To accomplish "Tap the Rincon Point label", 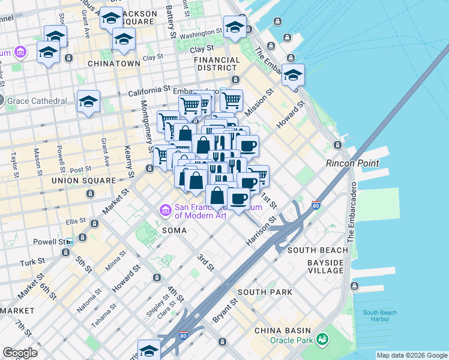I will click(352, 163).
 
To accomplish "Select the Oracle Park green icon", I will click(324, 340).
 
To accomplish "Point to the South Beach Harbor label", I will click(379, 316).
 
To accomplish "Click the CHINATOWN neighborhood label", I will click(113, 63).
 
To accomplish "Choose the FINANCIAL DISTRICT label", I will click(218, 64).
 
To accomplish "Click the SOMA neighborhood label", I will click(174, 230).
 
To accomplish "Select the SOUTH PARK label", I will click(265, 292).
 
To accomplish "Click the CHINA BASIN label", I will click(282, 331).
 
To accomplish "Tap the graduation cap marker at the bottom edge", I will click(149, 349).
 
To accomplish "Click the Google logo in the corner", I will click(20, 353).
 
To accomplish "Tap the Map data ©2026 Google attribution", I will click(412, 355).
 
